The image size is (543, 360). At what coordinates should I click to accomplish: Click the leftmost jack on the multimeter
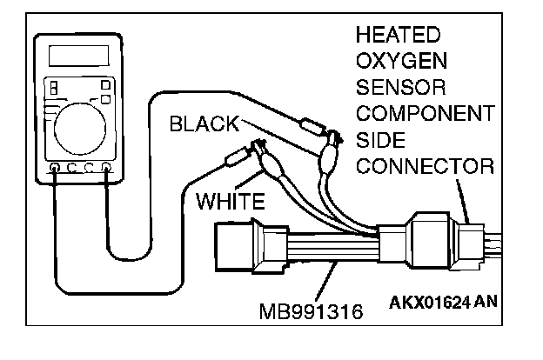point(56,166)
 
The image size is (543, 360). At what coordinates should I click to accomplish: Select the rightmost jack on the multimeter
point(106,166)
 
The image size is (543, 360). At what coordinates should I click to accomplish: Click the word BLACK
point(203,123)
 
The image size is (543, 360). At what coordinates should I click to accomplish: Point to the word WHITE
point(229,203)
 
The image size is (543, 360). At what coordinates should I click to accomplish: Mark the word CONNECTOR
point(425,166)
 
